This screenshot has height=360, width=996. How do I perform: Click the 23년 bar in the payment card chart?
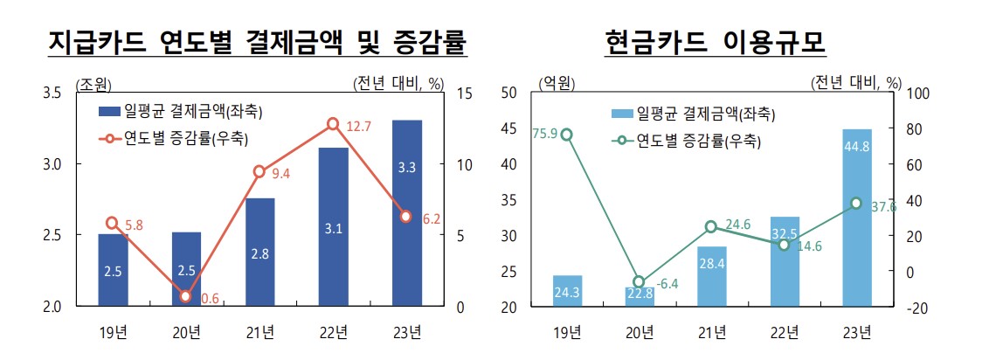click(x=406, y=213)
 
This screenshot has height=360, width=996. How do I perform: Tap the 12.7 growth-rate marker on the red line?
click(x=333, y=124)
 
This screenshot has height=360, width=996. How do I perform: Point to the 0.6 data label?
click(x=210, y=299)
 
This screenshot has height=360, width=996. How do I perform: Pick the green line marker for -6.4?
click(x=640, y=281)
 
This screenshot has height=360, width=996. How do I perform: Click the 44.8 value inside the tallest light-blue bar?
click(x=857, y=147)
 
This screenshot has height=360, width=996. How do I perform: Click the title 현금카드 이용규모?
click(x=715, y=42)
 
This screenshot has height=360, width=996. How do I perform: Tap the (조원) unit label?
click(x=93, y=84)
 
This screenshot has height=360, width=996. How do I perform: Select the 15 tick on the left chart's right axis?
click(x=464, y=93)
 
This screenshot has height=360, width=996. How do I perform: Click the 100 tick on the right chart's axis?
click(x=922, y=93)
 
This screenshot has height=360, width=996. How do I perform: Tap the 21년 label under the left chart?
click(x=259, y=331)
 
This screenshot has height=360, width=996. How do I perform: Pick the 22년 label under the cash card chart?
click(x=785, y=331)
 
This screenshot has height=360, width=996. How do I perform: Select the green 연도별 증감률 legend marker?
click(x=621, y=139)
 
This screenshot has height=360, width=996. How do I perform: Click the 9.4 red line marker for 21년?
click(x=259, y=171)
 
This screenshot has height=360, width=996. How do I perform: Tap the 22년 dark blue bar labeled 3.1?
click(x=333, y=227)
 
